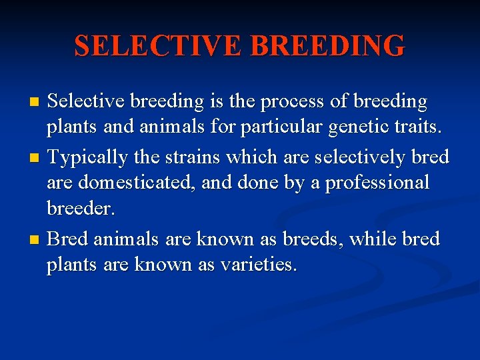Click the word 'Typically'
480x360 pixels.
click(89, 157)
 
